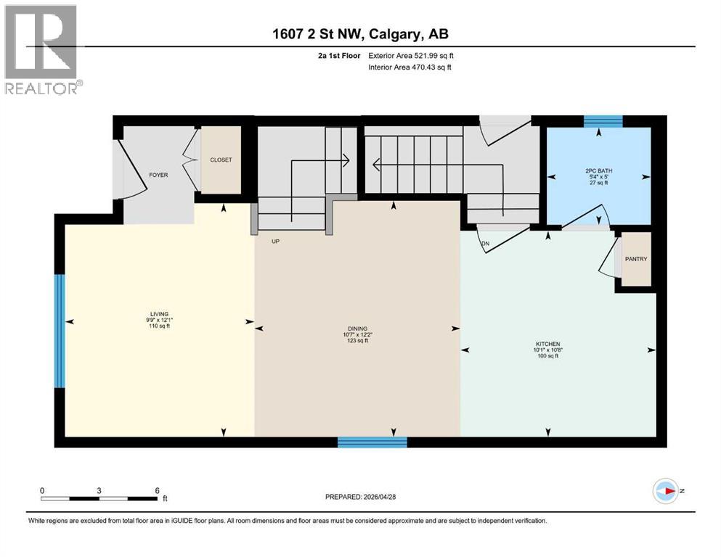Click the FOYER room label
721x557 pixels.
click(159, 175)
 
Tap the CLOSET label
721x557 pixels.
click(221, 160)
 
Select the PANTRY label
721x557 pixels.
click(637, 259)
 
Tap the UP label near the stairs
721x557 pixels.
click(275, 242)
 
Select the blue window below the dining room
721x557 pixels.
click(372, 442)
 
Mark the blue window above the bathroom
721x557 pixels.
click(603, 121)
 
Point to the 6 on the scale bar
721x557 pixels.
click(157, 490)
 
